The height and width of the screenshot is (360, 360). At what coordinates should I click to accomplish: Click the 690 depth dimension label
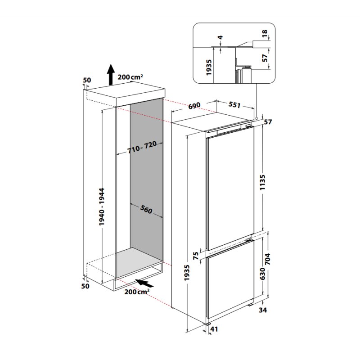click(x=193, y=106)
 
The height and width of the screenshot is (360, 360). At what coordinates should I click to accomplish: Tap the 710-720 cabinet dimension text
click(x=142, y=148)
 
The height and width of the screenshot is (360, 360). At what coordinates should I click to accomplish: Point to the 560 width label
click(x=145, y=209)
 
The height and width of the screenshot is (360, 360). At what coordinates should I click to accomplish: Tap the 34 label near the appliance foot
click(x=264, y=310)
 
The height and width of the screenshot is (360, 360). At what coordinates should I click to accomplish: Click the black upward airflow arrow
click(x=110, y=74)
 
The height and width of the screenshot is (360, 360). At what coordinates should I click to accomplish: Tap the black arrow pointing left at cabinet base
click(x=145, y=283)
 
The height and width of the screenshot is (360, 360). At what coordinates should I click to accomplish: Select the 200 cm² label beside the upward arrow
click(x=130, y=77)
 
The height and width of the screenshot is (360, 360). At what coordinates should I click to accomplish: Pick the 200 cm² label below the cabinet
click(x=137, y=293)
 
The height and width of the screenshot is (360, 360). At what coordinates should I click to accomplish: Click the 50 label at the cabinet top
click(x=87, y=80)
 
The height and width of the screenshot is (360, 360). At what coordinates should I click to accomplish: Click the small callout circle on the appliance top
click(x=255, y=119)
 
